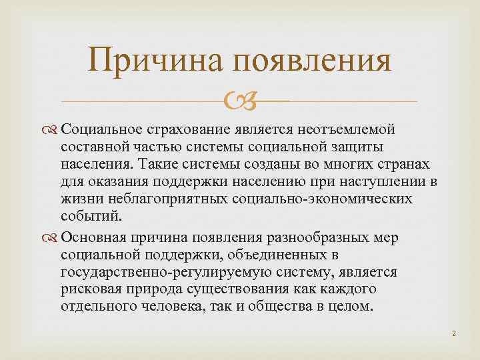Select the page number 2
click(453, 333)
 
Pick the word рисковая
click(89, 290)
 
